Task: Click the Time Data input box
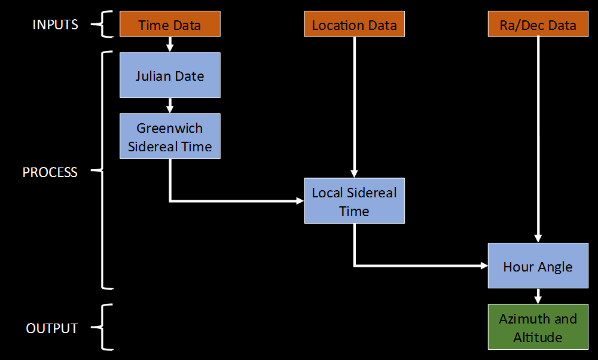(170, 25)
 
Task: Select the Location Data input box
(354, 25)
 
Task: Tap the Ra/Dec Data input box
(538, 25)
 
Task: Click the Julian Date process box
(170, 75)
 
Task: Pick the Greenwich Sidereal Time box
(170, 136)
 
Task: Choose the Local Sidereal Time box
(354, 201)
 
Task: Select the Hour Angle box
(538, 266)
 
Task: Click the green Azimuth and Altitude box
(538, 327)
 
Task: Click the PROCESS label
(50, 172)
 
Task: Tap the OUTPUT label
(52, 328)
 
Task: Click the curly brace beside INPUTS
(105, 25)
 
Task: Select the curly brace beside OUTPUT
(105, 327)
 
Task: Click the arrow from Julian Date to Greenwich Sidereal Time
(170, 105)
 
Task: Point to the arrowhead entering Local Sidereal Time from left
(300, 201)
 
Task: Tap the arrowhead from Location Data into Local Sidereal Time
(355, 174)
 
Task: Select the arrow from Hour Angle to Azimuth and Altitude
(538, 297)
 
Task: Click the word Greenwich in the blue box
(170, 128)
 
